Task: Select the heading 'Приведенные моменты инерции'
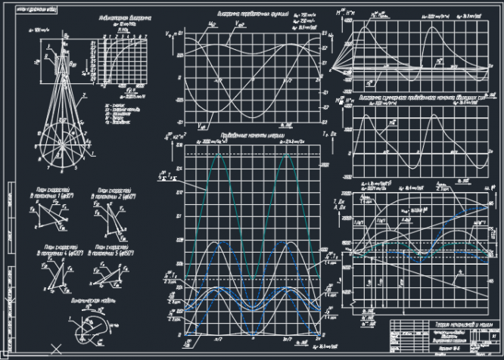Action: (x=244, y=135)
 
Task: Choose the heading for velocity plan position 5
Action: (x=111, y=249)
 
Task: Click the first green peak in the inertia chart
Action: (x=220, y=154)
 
